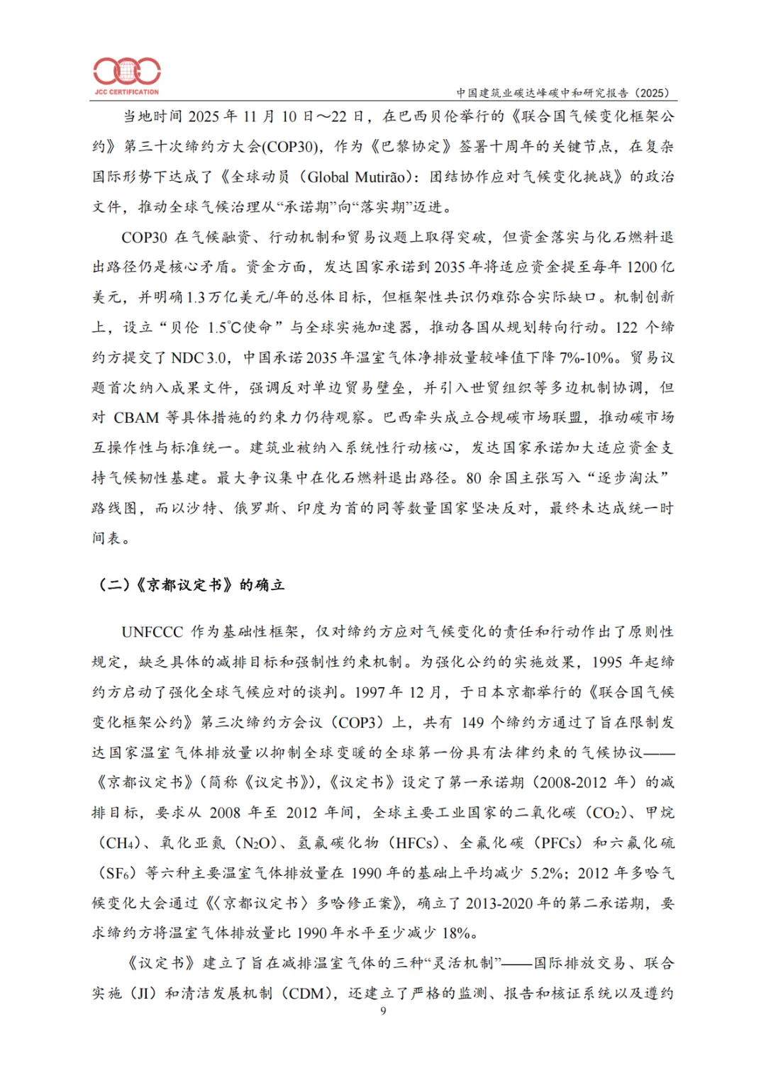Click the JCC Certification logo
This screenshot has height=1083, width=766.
click(127, 74)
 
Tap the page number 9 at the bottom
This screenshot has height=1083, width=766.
click(383, 1011)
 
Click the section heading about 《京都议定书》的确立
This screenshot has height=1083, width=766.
click(191, 585)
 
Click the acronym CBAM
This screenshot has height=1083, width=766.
click(136, 418)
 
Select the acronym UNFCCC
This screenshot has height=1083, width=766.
click(152, 632)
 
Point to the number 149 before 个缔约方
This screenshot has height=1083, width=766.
click(472, 723)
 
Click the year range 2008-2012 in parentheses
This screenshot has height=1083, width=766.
click(573, 782)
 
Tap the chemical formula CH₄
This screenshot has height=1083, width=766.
click(121, 843)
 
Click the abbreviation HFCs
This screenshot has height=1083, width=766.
click(418, 843)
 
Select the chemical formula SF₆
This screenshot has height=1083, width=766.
click(117, 873)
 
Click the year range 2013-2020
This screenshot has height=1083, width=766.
click(500, 904)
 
